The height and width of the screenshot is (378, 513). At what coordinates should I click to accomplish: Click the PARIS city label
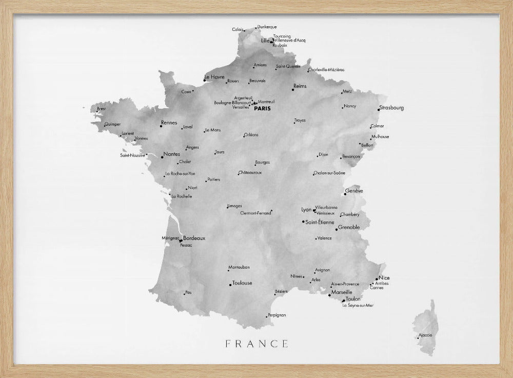(x=262, y=109)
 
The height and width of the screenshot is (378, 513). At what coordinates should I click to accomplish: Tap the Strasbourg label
(x=392, y=108)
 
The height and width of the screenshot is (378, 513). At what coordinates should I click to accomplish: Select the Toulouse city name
(x=242, y=283)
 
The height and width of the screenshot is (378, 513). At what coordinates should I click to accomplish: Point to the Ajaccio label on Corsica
(x=426, y=335)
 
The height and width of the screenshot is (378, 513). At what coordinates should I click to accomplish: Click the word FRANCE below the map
(x=256, y=344)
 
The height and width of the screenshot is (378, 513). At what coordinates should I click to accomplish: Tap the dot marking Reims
(x=293, y=90)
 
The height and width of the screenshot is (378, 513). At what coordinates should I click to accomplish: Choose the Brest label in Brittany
(x=102, y=109)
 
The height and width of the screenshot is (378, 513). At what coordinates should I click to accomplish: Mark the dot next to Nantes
(x=162, y=157)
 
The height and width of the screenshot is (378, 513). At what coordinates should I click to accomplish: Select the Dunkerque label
(x=267, y=27)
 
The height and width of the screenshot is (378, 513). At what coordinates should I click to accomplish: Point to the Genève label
(x=354, y=191)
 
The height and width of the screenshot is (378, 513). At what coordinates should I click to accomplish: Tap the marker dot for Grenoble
(x=337, y=230)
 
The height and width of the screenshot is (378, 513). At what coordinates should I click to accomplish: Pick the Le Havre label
(x=215, y=77)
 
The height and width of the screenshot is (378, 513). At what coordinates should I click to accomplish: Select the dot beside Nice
(x=377, y=279)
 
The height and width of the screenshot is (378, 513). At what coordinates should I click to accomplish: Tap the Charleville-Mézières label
(x=327, y=70)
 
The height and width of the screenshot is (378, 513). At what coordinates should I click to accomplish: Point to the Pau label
(x=188, y=292)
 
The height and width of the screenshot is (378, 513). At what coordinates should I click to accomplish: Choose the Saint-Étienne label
(x=320, y=222)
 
